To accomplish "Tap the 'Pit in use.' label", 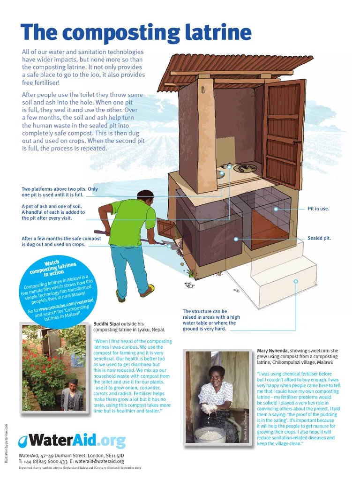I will pyautogui.click(x=318, y=209).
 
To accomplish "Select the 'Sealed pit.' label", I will pyautogui.click(x=319, y=238).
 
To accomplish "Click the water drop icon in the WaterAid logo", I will pyautogui.click(x=22, y=441).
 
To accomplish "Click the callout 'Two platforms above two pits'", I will pyautogui.click(x=60, y=192).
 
